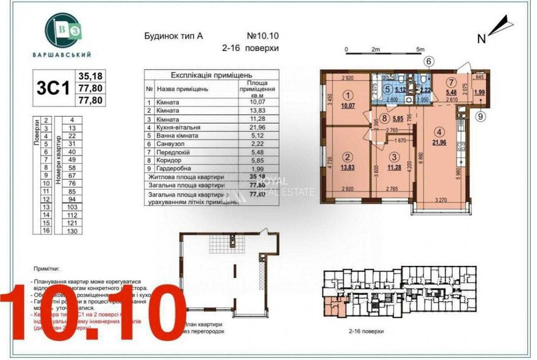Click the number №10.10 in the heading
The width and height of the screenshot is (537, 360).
click(263, 37)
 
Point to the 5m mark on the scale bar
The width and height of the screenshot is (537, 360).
click(420, 49)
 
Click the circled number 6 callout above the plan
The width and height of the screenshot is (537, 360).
click(428, 61)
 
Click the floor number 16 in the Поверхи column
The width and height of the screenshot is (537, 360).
click(47, 231)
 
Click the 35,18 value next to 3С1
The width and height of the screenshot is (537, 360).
click(90, 76)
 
